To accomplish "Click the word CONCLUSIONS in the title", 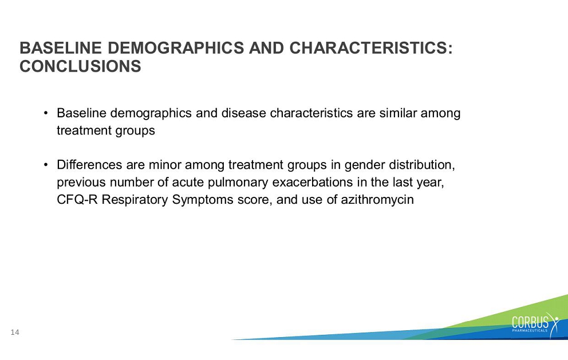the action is click(80, 66).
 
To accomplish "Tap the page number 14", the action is click(15, 332).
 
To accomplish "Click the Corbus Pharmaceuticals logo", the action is click(535, 323).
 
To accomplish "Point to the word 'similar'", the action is click(398, 113).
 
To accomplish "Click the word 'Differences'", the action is click(89, 165).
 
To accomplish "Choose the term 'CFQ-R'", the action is click(77, 200).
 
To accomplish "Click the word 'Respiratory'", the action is click(135, 200).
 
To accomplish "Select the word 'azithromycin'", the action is click(377, 200).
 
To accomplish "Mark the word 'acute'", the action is click(188, 182).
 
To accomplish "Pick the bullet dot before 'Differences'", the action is click(46, 165).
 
